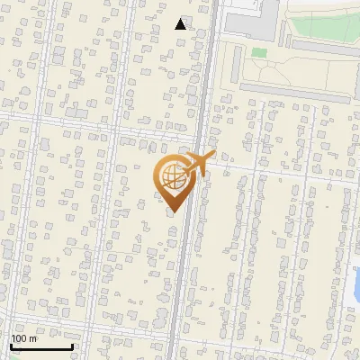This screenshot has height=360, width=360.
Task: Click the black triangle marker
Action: [181, 24]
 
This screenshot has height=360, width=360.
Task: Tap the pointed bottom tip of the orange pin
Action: [173, 211]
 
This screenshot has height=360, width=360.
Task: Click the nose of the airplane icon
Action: [213, 157]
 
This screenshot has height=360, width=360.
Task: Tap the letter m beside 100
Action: [33, 338]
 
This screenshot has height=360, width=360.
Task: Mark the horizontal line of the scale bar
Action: [41, 346]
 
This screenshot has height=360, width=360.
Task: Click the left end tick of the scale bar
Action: [11, 345]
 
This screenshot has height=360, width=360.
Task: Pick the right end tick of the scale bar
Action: [72, 345]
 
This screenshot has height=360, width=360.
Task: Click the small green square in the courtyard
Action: [259, 53]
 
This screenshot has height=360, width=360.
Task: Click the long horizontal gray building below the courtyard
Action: [297, 90]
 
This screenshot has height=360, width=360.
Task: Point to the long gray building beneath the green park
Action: [324, 46]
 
